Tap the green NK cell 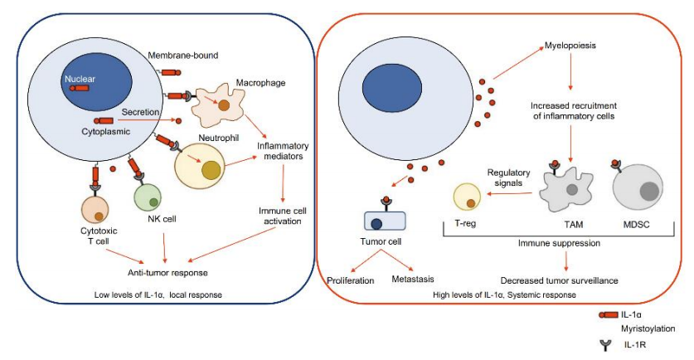(151, 198)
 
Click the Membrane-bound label (183, 56)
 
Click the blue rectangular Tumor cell (384, 221)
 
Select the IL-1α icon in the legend (606, 315)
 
